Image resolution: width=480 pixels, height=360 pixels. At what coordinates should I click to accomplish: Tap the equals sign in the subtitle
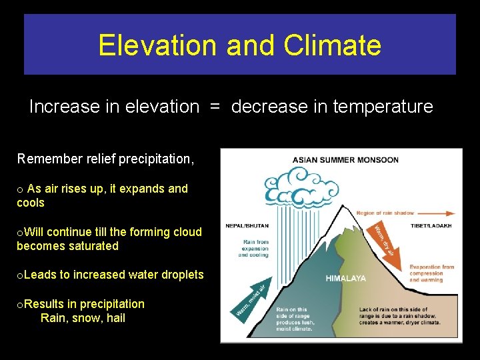[215, 107]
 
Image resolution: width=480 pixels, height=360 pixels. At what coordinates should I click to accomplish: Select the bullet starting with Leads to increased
[110, 275]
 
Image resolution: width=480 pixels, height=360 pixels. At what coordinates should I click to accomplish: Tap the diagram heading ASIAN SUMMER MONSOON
[345, 160]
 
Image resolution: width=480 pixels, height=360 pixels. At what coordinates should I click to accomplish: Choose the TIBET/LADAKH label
[431, 226]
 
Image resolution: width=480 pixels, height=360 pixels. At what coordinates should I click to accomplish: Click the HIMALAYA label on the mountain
[345, 279]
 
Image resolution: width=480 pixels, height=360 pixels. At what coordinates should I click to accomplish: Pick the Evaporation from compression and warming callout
[431, 273]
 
